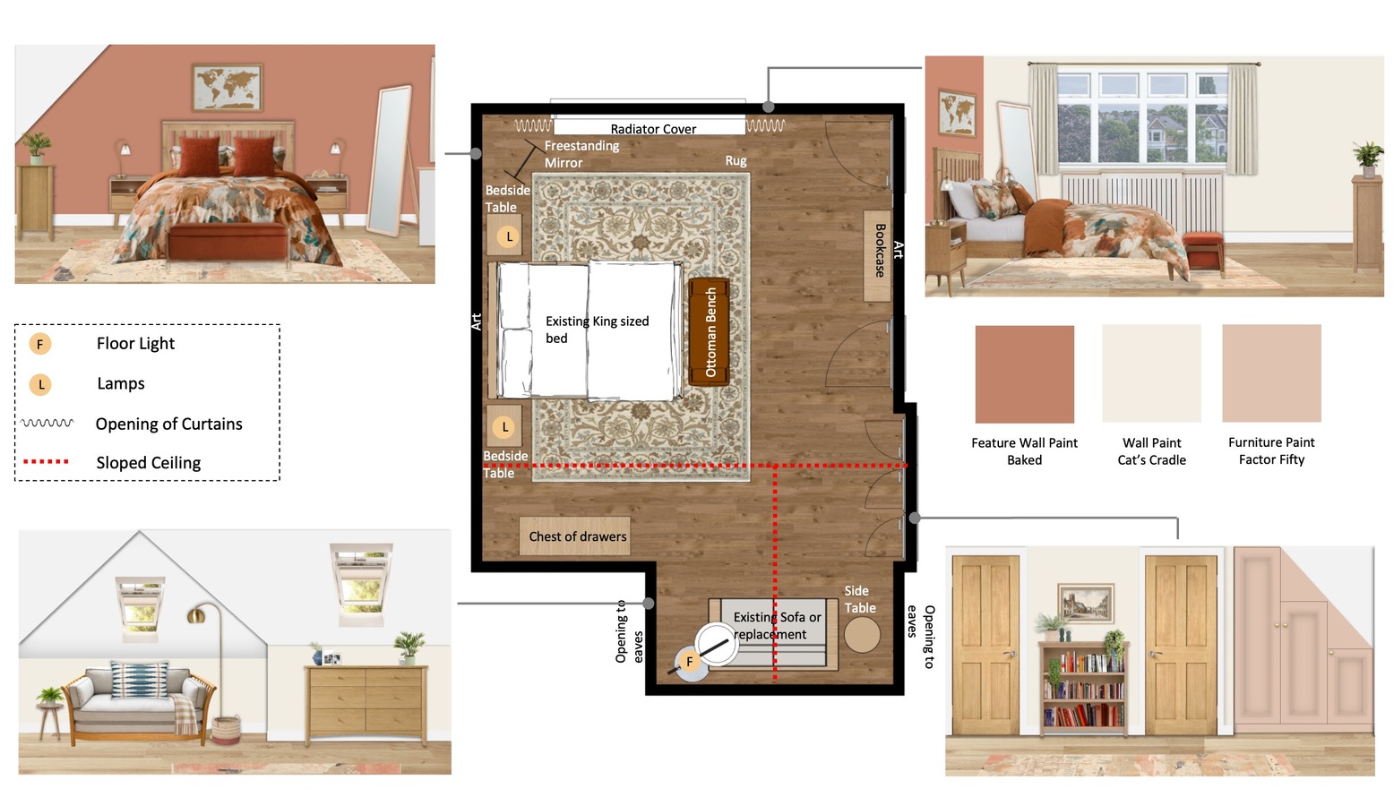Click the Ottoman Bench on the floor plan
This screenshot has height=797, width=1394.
(709, 331)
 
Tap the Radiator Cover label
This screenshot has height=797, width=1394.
(653, 129)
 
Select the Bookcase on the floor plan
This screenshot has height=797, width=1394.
(877, 256)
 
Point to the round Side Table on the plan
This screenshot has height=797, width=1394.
(862, 635)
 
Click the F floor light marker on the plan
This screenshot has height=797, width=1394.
(689, 661)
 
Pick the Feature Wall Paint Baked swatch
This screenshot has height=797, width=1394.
(1024, 374)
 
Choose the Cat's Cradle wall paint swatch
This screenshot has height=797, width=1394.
(1151, 373)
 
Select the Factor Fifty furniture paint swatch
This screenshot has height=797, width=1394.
(1271, 373)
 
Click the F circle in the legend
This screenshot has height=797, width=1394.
(40, 344)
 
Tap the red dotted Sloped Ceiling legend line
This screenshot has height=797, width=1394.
(46, 462)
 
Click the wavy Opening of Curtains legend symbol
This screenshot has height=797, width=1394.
(47, 423)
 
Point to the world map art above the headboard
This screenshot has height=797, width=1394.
(228, 87)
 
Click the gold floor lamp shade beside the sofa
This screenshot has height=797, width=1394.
(197, 615)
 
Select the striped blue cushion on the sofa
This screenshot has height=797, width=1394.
(140, 680)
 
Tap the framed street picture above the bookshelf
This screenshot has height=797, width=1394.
(1086, 603)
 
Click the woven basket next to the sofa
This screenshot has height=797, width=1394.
(226, 730)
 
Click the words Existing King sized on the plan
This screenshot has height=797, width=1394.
(597, 321)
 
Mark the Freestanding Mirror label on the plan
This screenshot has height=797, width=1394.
(581, 154)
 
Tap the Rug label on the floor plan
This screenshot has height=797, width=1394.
(736, 160)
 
